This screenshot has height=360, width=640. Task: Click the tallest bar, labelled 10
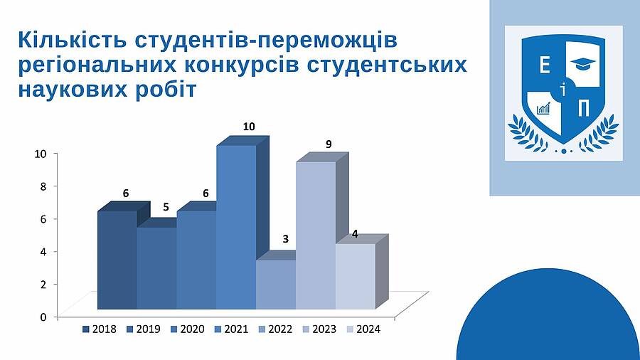pyautogui.click(x=236, y=227)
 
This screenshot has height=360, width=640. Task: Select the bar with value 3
pyautogui.click(x=276, y=284)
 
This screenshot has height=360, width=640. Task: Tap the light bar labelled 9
pyautogui.click(x=316, y=235)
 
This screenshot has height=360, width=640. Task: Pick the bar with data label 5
pyautogui.click(x=156, y=268)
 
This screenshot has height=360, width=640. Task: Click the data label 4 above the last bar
pyautogui.click(x=355, y=234)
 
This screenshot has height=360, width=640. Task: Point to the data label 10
pyautogui.click(x=249, y=127)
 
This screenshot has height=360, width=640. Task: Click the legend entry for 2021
pyautogui.click(x=231, y=329)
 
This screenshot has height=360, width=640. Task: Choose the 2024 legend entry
pyautogui.click(x=363, y=329)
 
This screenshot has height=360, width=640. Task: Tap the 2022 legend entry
pyautogui.click(x=275, y=329)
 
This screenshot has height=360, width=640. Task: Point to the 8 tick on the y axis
pyautogui.click(x=43, y=186)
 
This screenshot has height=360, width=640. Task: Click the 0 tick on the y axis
pyautogui.click(x=43, y=317)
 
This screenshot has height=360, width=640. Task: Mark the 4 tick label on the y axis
pyautogui.click(x=43, y=251)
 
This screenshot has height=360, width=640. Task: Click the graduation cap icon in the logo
pyautogui.click(x=583, y=63)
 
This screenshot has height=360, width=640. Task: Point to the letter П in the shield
pyautogui.click(x=584, y=109)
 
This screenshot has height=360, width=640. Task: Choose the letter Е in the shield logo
pyautogui.click(x=545, y=65)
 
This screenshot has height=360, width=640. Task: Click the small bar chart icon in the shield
pyautogui.click(x=544, y=108)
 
